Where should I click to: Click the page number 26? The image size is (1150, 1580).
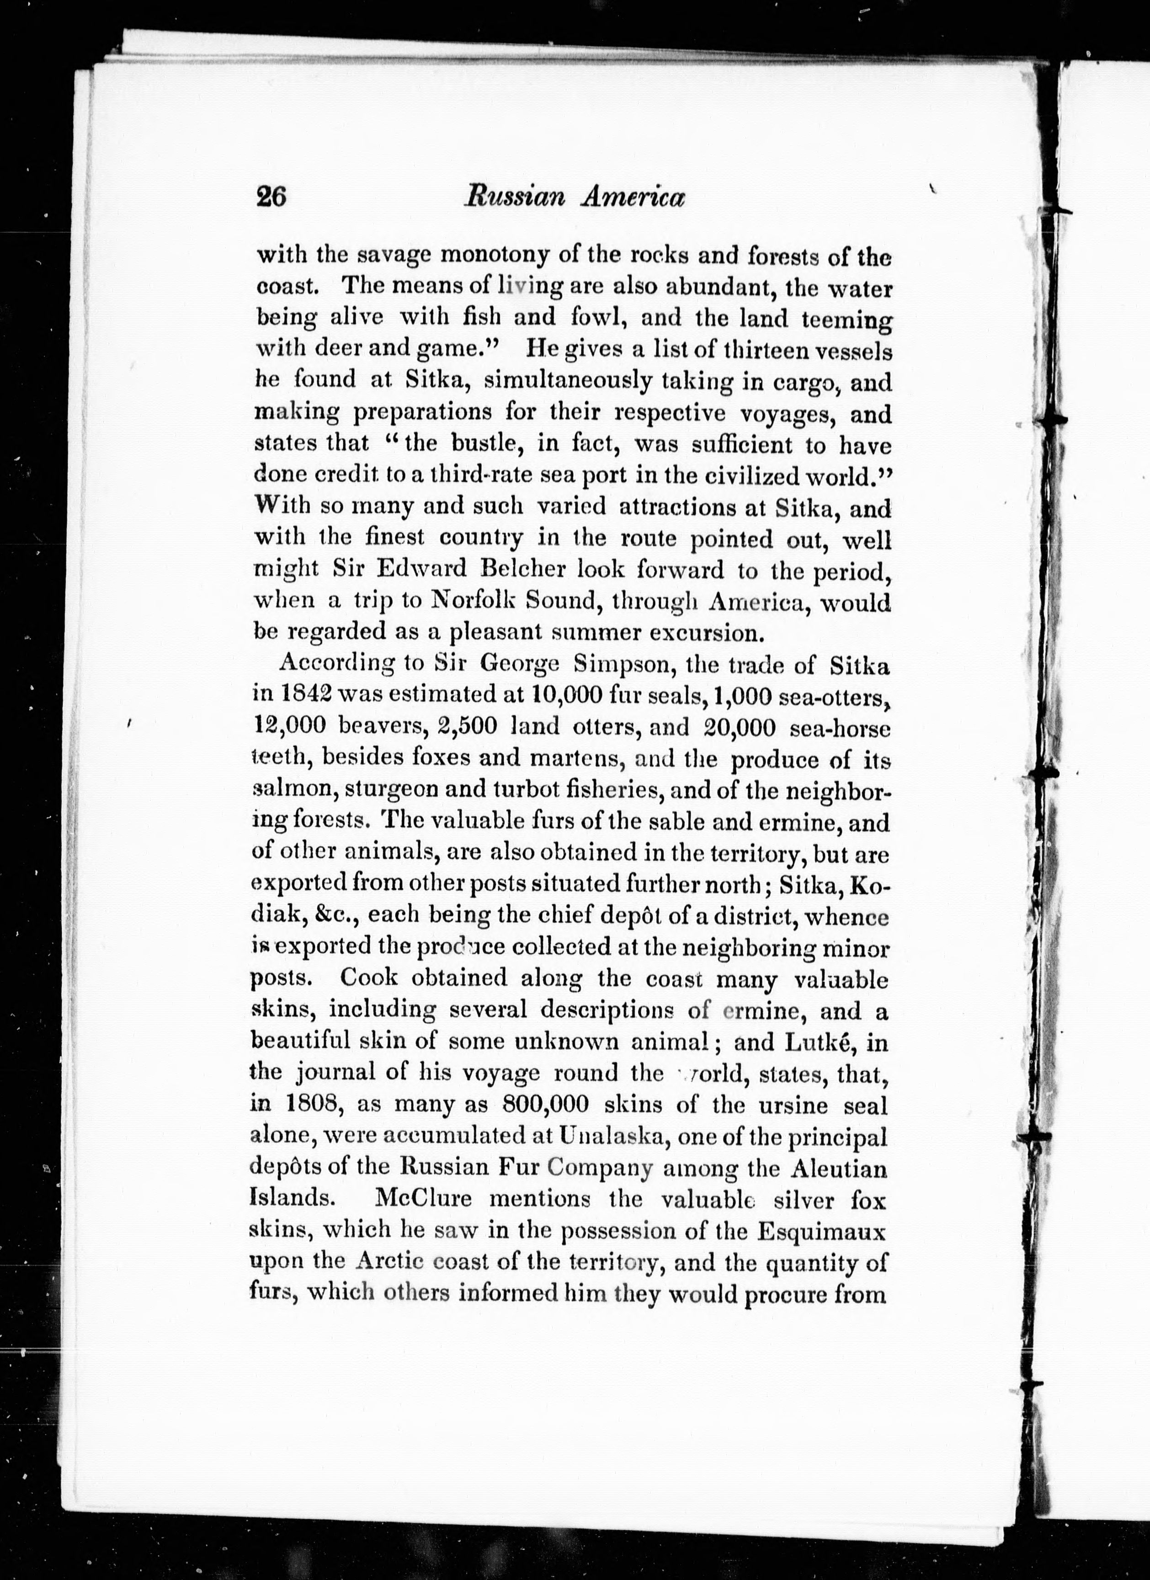[x=271, y=197]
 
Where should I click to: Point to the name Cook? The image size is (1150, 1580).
[x=368, y=977]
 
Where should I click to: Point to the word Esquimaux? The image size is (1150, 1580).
[x=821, y=1231]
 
